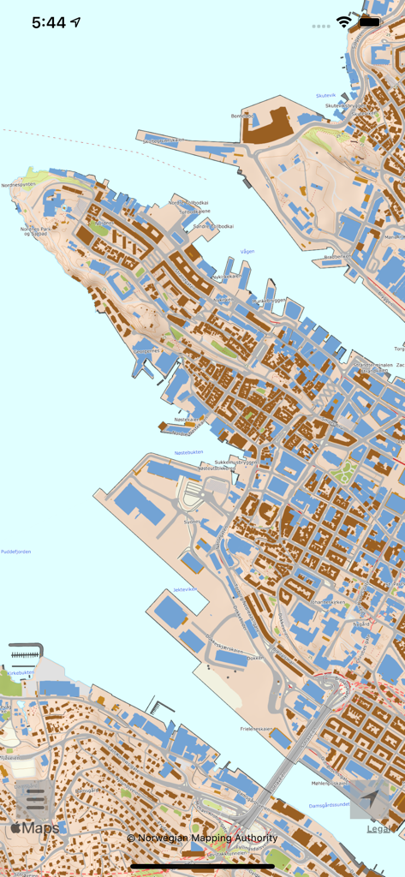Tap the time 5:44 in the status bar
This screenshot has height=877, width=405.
click(49, 23)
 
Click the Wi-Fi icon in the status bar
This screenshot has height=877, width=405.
click(343, 22)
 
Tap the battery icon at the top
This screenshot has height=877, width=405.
click(370, 22)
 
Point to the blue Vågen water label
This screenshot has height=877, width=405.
click(247, 252)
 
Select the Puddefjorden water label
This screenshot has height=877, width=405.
click(15, 552)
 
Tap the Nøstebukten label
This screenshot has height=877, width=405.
click(189, 452)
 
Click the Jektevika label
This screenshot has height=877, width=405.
click(185, 589)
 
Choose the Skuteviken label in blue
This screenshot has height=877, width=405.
click(326, 96)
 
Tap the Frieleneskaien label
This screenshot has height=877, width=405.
click(257, 729)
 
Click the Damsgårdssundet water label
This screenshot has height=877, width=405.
click(329, 805)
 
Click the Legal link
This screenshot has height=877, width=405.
click(379, 828)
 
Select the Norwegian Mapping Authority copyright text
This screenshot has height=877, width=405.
click(202, 838)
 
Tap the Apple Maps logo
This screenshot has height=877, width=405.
click(35, 828)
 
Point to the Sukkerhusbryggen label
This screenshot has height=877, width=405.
click(234, 461)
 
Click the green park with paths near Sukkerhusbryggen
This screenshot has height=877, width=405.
click(345, 472)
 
